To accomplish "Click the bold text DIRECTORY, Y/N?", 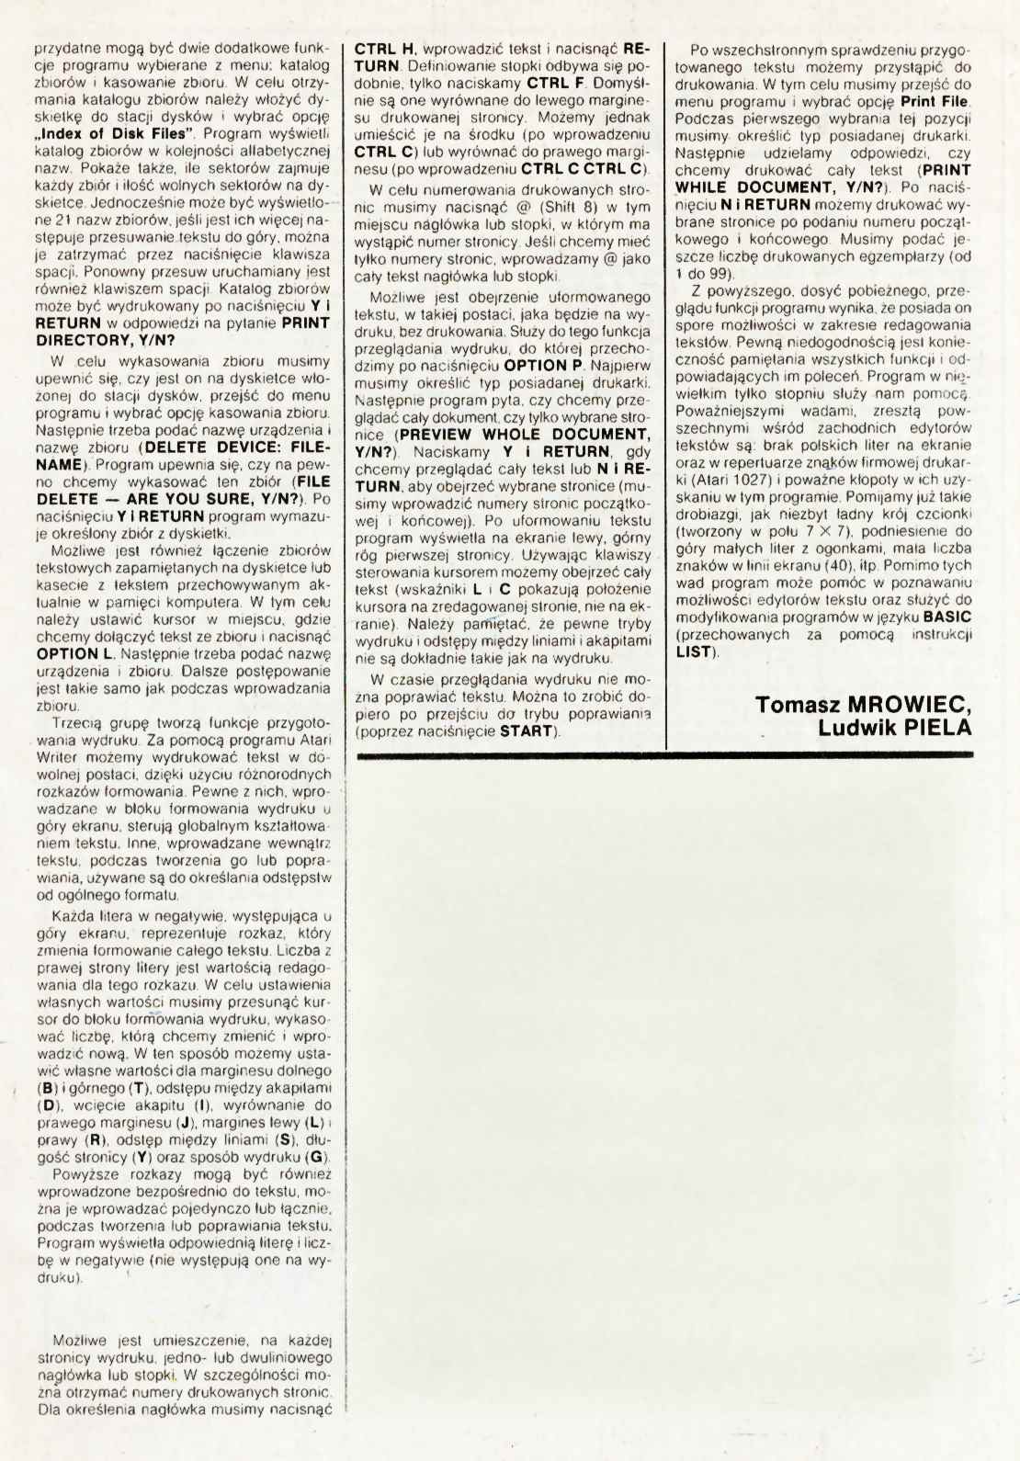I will pos(105,340).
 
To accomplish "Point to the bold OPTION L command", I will pos(74,654).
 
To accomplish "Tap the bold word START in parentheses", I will pos(527,731).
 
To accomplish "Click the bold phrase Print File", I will pos(934,100).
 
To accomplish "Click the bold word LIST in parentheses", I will pos(694,651).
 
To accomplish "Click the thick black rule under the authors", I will pos(662,756).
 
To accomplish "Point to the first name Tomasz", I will pos(794,705).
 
